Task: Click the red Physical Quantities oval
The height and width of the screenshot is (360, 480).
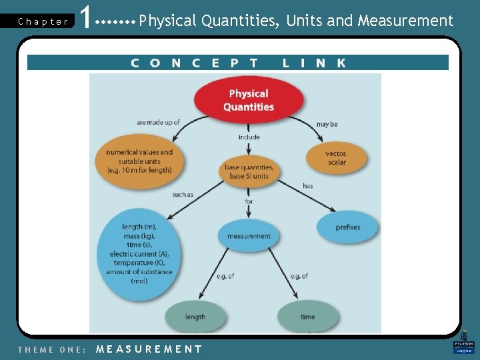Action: tap(249, 101)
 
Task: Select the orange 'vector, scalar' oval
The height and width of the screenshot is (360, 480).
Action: tap(336, 158)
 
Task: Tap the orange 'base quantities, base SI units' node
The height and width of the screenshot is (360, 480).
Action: tap(249, 171)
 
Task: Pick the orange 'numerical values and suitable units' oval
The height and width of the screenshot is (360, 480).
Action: tap(139, 161)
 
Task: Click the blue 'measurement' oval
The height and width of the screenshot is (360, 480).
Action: tap(249, 236)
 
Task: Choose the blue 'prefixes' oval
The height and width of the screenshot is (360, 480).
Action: tap(347, 227)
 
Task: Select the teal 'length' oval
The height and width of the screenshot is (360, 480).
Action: tap(195, 317)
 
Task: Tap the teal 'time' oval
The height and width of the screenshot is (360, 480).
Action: tap(307, 317)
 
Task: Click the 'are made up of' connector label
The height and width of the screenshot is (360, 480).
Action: tap(158, 123)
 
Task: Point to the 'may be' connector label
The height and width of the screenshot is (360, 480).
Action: tap(327, 124)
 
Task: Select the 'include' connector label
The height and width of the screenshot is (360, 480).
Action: tap(249, 137)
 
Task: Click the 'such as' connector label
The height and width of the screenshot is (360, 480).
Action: tap(182, 195)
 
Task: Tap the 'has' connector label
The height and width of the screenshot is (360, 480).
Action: tap(307, 185)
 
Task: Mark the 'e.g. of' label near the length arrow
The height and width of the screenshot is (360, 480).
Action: tap(225, 276)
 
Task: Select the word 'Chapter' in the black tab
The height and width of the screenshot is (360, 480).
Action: tap(43, 21)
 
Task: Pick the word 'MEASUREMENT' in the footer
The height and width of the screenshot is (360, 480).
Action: tap(149, 349)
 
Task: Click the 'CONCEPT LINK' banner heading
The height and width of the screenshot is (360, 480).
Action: tap(238, 63)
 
